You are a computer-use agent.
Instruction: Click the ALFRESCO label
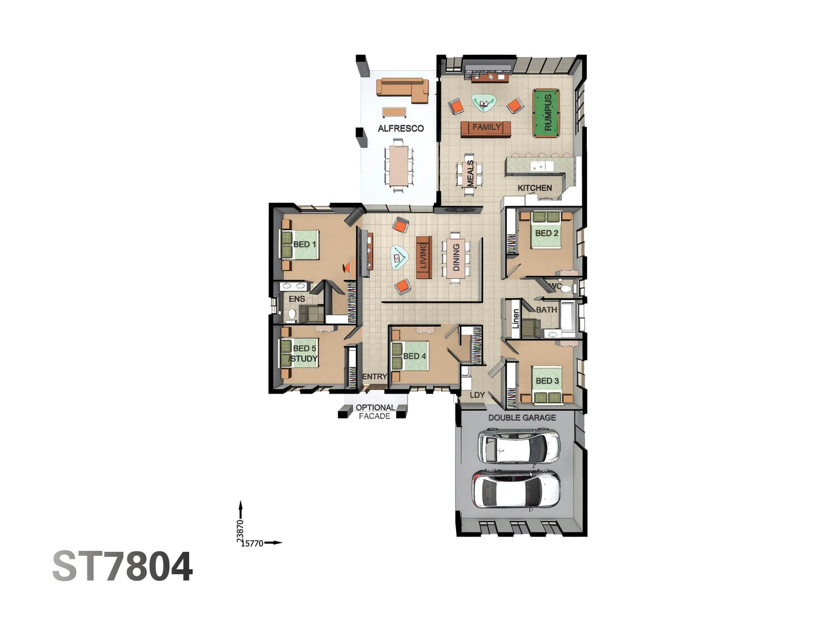401,129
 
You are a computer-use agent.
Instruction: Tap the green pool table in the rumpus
547,113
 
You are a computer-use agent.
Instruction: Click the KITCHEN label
534,188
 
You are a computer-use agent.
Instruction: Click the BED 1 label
304,245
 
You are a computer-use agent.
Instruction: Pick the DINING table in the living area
456,257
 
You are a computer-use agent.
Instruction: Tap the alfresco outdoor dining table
398,165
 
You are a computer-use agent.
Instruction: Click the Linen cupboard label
516,318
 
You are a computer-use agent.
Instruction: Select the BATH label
546,310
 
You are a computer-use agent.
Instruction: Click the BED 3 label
547,381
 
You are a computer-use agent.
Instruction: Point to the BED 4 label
414,356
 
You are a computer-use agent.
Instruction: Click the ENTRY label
374,376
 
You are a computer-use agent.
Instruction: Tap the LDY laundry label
477,395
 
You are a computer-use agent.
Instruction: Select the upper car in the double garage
519,447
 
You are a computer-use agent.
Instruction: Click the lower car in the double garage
517,490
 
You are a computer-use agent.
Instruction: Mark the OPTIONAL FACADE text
375,412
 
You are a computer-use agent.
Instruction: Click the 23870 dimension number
240,530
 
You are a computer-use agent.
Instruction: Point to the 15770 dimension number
252,543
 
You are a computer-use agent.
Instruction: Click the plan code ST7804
123,567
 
